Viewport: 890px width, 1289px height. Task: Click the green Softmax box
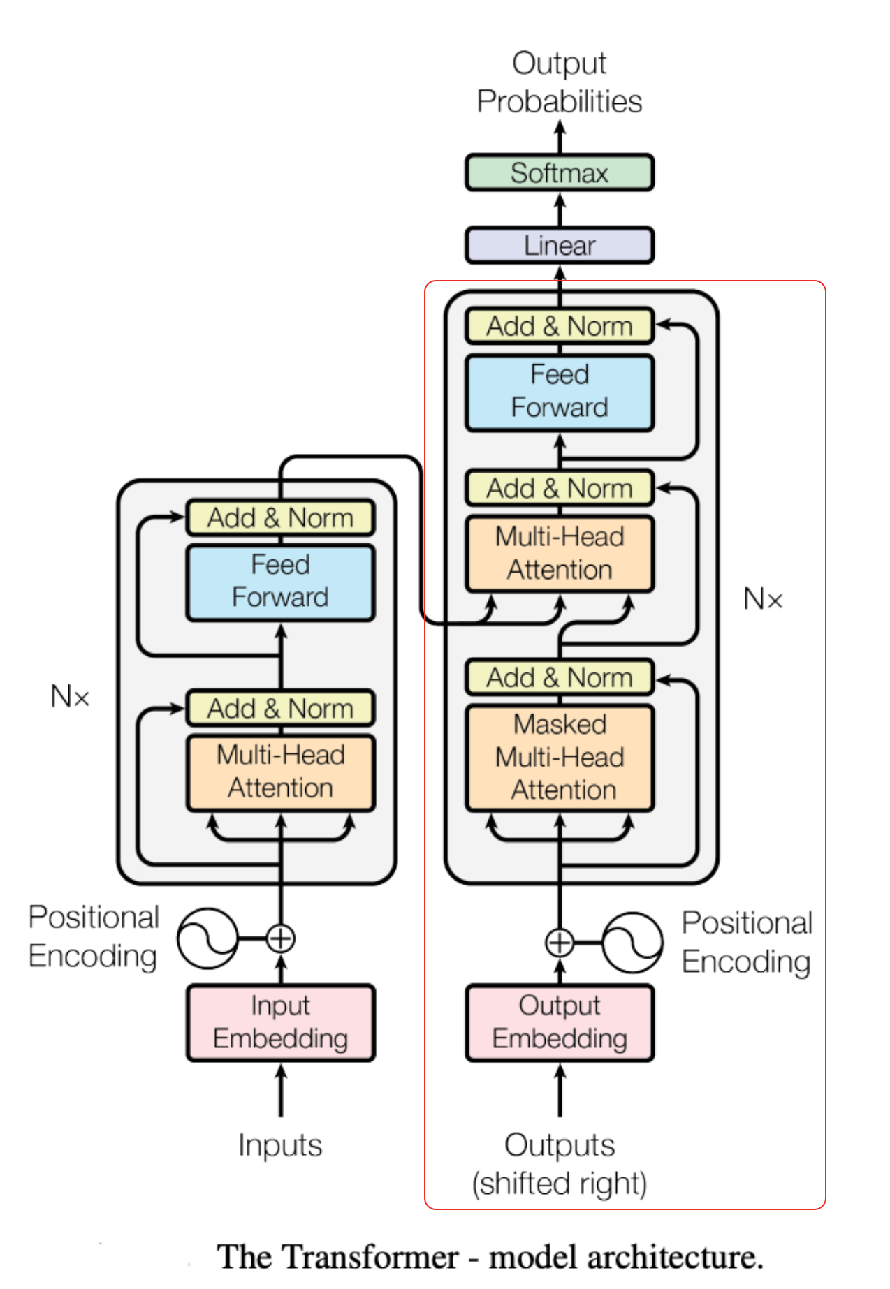(559, 172)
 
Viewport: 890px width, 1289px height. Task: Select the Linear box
(559, 245)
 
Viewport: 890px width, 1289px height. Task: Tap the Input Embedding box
(280, 1022)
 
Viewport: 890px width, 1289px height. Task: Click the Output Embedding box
(559, 1022)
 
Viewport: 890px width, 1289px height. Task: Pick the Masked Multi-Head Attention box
(559, 758)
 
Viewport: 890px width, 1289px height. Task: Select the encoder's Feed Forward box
(280, 582)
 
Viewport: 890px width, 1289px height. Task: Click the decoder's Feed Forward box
(559, 392)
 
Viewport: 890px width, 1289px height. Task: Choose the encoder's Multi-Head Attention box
(280, 772)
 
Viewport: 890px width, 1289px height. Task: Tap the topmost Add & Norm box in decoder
(559, 326)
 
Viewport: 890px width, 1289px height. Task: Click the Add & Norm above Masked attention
(559, 677)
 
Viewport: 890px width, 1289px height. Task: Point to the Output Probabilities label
(559, 82)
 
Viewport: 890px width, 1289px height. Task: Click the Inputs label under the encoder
(280, 1145)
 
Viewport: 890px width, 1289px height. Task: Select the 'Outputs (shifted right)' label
(559, 1164)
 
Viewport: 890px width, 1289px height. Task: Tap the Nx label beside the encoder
(70, 696)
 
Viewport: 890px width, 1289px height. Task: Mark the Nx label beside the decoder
(762, 599)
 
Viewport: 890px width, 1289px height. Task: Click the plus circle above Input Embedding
(281, 938)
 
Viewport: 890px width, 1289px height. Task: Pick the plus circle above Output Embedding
(559, 943)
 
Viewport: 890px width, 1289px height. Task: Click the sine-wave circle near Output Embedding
(632, 943)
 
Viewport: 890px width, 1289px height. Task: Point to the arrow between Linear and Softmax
(559, 209)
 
